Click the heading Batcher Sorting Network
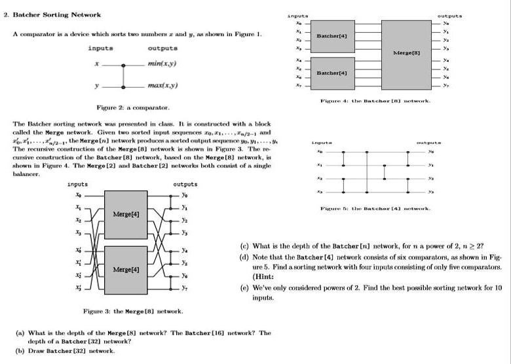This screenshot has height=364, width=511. click(54, 14)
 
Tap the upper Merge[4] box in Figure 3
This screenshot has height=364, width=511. click(124, 214)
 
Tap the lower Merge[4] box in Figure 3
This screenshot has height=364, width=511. click(124, 269)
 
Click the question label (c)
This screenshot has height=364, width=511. click(244, 246)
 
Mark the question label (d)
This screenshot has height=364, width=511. click(244, 257)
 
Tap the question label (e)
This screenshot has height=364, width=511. click(244, 287)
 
